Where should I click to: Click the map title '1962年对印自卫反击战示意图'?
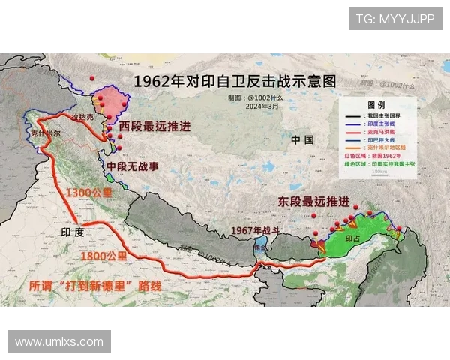(x=234, y=81)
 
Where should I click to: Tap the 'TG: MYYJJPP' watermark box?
(x=394, y=19)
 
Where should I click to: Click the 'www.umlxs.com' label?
(x=59, y=341)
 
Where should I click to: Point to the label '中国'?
(x=303, y=139)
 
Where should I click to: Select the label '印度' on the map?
(x=73, y=233)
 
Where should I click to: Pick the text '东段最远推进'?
(x=313, y=202)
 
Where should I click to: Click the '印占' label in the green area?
(x=352, y=238)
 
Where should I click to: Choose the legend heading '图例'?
(x=376, y=105)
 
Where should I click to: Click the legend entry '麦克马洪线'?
(x=382, y=130)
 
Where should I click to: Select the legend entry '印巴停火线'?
(x=382, y=139)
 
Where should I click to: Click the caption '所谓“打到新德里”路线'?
(x=95, y=286)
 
